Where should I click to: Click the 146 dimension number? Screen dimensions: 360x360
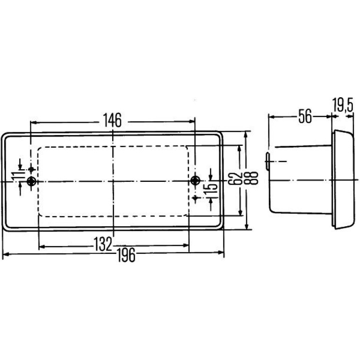coord(112,120)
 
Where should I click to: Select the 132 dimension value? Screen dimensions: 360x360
coord(103,244)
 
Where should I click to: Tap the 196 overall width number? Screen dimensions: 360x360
coord(126,255)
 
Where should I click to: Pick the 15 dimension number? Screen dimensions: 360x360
coord(211,186)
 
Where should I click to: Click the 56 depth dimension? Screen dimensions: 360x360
coord(305,116)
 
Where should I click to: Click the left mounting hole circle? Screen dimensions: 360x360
coord(31,181)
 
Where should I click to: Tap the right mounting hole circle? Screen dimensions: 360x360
coord(195,180)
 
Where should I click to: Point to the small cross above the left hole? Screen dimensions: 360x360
coord(31,170)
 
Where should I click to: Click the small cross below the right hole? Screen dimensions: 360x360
coord(195,198)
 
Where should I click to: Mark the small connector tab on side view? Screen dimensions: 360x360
coord(267,161)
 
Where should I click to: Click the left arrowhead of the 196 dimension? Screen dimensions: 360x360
coord(5,254)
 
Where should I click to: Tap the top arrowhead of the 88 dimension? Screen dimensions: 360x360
coord(246,135)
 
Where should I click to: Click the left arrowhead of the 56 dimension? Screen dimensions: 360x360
coord(272,117)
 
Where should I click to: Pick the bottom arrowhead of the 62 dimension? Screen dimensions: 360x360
coord(240,212)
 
